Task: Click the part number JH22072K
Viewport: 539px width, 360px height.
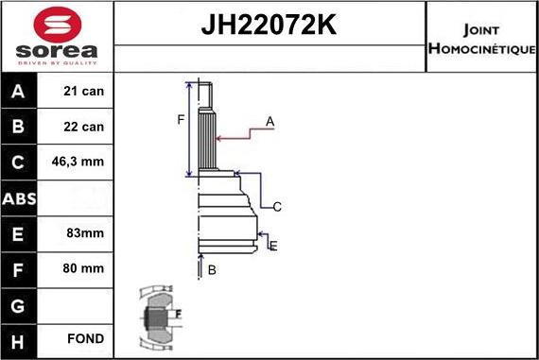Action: [x=269, y=26]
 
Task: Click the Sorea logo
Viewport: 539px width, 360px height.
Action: [x=57, y=37]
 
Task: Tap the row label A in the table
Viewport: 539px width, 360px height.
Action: [x=19, y=92]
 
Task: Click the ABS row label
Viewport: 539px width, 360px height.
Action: [x=19, y=198]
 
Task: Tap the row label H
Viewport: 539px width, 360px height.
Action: [x=19, y=338]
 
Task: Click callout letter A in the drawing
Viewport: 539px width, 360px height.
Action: [x=269, y=121]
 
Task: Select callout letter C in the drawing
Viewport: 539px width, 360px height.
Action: [x=277, y=207]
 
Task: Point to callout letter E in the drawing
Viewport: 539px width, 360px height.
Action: [x=273, y=246]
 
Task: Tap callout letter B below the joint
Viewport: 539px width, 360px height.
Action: [x=212, y=270]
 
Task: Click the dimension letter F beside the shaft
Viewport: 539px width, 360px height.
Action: [x=180, y=119]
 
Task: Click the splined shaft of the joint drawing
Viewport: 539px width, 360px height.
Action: [x=207, y=137]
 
